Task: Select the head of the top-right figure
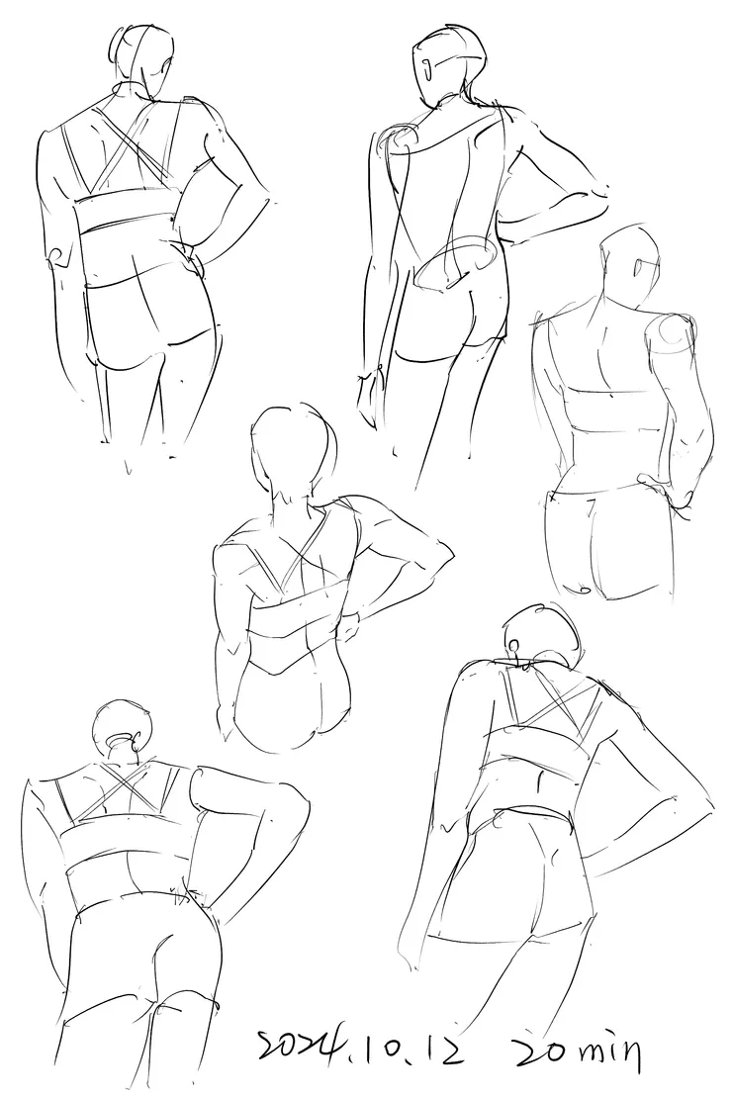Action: [x=448, y=63]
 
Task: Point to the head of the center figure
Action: [x=292, y=448]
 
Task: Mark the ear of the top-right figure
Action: [x=428, y=68]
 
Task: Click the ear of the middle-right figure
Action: [x=640, y=267]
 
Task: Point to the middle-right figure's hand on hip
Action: [x=662, y=491]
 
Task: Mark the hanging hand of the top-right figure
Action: [x=369, y=401]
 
